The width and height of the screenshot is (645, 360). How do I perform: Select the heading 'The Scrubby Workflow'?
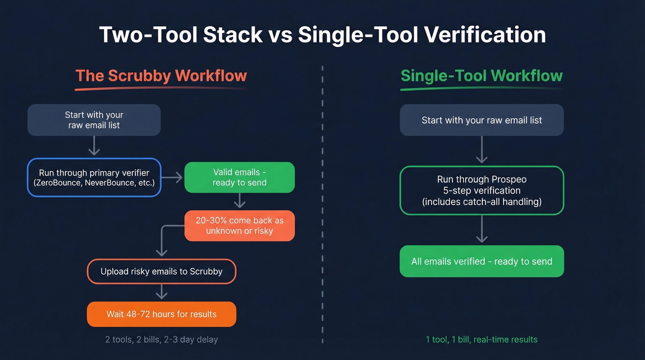(161, 76)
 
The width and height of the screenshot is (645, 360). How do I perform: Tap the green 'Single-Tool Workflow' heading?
(481, 76)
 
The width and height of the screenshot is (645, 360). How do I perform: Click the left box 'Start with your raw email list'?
(94, 120)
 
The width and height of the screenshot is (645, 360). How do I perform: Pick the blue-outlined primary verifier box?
(94, 177)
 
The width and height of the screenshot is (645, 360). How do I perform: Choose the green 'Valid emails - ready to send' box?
(239, 177)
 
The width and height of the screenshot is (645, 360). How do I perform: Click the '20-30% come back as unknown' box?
(239, 226)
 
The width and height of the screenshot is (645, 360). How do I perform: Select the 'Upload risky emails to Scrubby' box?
(161, 271)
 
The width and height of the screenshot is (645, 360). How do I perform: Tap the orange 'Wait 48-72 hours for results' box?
(161, 314)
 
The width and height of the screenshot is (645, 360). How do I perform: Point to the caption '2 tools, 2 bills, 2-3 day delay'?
(161, 340)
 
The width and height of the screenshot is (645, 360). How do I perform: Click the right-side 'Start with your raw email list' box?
(481, 120)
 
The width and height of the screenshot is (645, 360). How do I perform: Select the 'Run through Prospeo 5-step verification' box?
(481, 190)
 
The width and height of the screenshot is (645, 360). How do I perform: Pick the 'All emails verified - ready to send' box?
(481, 261)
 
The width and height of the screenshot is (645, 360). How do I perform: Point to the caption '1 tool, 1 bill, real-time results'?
(481, 340)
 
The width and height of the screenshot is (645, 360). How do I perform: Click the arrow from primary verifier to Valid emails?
(173, 177)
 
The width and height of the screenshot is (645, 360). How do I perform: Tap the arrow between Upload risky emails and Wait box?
(161, 292)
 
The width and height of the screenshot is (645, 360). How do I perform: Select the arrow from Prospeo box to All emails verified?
(481, 229)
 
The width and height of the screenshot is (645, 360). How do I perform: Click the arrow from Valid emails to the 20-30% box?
(239, 201)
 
